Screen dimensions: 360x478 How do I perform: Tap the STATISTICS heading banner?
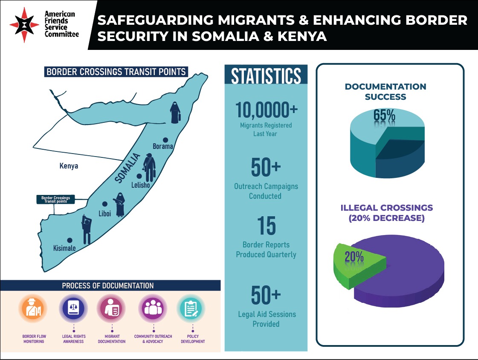point(266,76)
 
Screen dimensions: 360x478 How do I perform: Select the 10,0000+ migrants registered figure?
point(266,110)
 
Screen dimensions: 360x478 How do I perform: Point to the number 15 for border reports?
point(266,226)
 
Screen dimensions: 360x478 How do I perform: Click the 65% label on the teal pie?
point(384,116)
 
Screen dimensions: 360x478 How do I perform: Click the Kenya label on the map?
point(69,166)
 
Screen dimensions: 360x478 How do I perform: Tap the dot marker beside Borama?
point(165,139)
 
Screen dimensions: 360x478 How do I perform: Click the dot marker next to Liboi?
point(104,204)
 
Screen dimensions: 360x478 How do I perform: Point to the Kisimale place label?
point(64,248)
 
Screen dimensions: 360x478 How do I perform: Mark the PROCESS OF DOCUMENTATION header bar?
point(110,285)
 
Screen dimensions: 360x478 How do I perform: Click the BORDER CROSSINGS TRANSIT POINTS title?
point(116,72)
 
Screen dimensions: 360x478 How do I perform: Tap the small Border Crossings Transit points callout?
point(55,200)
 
